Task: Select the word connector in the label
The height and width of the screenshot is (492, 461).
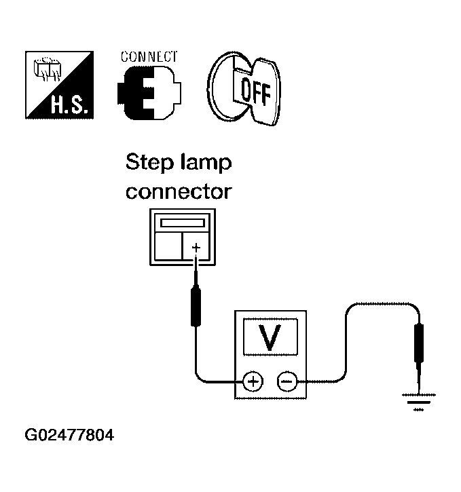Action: point(179,192)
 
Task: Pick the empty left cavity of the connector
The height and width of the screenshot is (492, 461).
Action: point(168,246)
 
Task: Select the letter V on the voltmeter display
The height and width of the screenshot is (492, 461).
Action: point(271,338)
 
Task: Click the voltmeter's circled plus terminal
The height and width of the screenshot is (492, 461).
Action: point(253,383)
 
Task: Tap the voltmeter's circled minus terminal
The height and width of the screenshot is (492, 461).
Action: point(287,383)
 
